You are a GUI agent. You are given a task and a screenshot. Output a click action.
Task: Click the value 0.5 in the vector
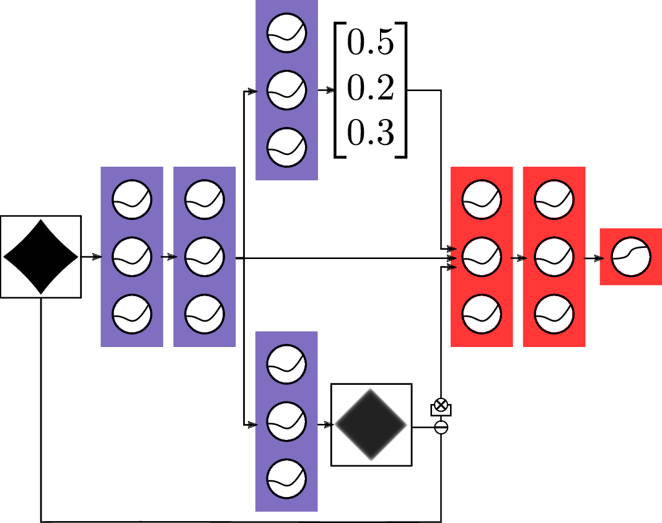(x=371, y=45)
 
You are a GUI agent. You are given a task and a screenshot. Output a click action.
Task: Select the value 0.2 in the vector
(x=371, y=90)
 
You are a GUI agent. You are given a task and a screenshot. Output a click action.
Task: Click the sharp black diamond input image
(x=41, y=257)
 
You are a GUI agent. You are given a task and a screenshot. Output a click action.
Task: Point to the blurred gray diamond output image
(x=371, y=424)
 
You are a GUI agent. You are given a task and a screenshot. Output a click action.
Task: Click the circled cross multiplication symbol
(x=441, y=405)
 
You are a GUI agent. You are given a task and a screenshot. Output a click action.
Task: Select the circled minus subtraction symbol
(x=441, y=427)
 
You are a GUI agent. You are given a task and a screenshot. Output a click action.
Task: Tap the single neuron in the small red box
(x=631, y=257)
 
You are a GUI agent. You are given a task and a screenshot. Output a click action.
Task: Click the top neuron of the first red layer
(x=482, y=200)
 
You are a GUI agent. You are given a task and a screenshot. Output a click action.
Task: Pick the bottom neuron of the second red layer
(x=554, y=314)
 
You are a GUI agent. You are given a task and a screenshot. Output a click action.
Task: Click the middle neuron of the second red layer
(x=554, y=257)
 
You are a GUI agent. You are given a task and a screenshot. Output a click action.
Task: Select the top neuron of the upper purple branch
(x=286, y=35)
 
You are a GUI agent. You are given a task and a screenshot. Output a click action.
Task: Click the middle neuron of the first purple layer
(x=131, y=257)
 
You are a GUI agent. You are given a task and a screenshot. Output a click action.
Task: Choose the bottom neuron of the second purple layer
(x=204, y=314)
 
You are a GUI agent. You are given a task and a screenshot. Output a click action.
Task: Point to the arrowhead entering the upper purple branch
(x=251, y=92)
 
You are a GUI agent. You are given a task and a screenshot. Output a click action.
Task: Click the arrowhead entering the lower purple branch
(x=251, y=425)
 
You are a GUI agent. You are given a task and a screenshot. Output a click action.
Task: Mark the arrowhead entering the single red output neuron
(x=598, y=257)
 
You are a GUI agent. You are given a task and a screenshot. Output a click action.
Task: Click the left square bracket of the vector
(x=338, y=90)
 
